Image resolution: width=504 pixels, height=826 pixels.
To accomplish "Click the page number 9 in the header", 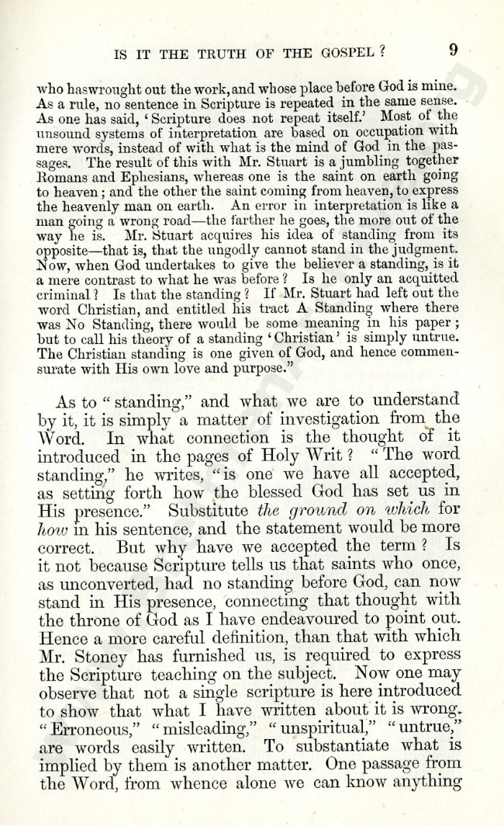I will point(453,50).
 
